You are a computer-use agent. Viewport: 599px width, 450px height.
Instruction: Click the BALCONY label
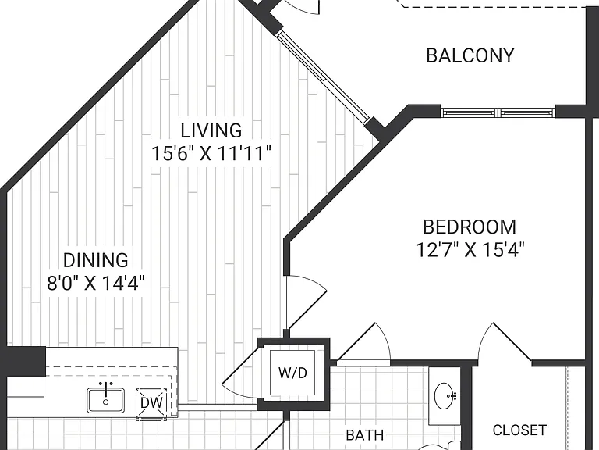point(470,55)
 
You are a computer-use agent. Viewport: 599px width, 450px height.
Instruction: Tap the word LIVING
point(211,130)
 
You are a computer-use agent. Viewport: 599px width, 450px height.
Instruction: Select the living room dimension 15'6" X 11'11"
point(211,154)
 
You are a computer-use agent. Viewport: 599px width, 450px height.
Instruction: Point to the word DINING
point(95,260)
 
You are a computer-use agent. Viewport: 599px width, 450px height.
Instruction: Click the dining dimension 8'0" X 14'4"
point(95,284)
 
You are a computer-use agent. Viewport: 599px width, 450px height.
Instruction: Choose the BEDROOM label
point(470,227)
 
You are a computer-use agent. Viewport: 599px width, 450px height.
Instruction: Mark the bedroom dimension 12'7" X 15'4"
point(470,250)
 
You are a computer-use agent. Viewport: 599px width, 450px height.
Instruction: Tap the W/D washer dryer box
point(292,373)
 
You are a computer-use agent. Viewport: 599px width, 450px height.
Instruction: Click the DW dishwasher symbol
point(151,403)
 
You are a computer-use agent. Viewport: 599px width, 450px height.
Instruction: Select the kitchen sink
point(106,400)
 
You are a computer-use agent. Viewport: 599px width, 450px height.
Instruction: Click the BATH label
point(365,435)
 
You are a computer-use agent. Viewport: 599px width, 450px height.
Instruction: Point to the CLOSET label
point(519,430)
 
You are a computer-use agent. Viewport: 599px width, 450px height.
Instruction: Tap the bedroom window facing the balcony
point(498,112)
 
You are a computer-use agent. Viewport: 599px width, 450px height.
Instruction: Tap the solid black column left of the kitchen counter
point(23,361)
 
